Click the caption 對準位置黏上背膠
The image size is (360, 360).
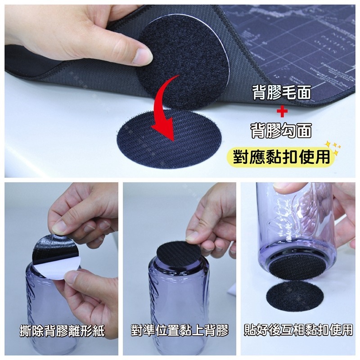pyautogui.click(x=180, y=332)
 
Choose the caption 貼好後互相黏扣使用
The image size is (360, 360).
pyautogui.click(x=298, y=332)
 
